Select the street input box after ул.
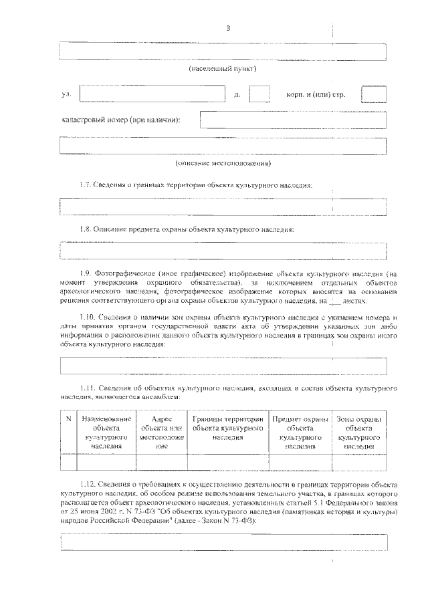coord(153,94)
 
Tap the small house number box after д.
coord(259,94)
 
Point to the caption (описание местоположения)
coord(223,162)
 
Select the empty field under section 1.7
coord(223,206)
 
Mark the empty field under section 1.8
coord(223,251)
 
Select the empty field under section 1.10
coord(223,365)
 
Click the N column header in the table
coord(68,419)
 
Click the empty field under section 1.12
coord(223,541)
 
